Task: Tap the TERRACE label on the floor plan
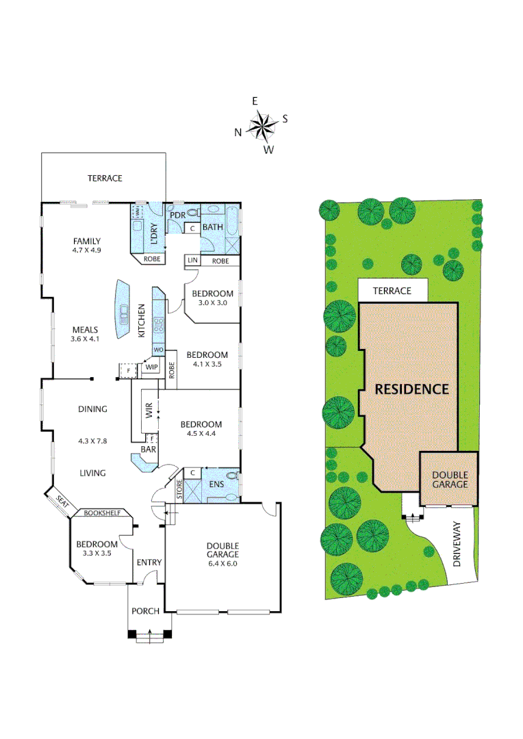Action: coord(105,178)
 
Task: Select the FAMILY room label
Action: coord(87,241)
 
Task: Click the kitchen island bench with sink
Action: coord(124,310)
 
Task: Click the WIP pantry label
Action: coord(152,367)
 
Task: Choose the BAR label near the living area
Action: coord(148,450)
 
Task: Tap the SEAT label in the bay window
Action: coord(63,502)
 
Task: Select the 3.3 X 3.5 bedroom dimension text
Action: coord(97,554)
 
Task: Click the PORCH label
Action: coord(145,611)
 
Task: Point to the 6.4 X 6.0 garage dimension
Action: coord(222,554)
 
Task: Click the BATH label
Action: coord(212,227)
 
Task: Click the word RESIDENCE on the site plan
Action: coord(411,389)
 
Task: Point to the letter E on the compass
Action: coord(255,101)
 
